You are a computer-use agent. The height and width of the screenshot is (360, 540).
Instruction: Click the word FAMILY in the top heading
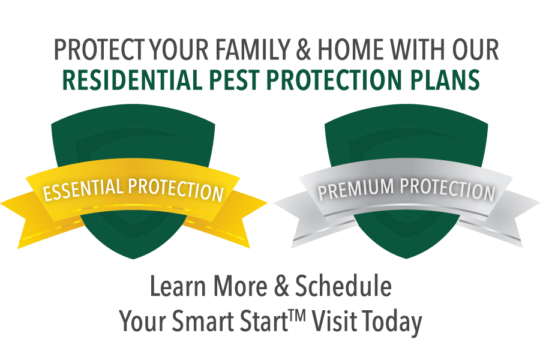tap(253, 49)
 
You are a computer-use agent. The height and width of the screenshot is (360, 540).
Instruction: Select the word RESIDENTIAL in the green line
tap(132, 80)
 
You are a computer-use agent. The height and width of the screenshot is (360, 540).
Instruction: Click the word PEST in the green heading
tap(234, 80)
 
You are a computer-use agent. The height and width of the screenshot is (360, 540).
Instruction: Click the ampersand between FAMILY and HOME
tap(304, 49)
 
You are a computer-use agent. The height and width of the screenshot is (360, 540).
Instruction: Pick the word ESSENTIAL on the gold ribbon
tap(83, 189)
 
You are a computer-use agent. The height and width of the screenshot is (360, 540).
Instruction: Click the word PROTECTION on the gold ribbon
tap(176, 190)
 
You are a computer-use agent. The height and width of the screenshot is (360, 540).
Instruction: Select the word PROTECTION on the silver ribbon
tap(447, 190)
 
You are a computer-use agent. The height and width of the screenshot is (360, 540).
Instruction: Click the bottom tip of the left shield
tap(134, 259)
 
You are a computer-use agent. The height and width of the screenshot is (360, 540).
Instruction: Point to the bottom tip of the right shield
tap(406, 259)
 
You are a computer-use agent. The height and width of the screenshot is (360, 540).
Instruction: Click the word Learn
tap(178, 286)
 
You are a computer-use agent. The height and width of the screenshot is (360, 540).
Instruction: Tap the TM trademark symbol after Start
tap(297, 315)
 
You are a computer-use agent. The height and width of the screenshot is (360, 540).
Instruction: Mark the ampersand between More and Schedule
tap(281, 286)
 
